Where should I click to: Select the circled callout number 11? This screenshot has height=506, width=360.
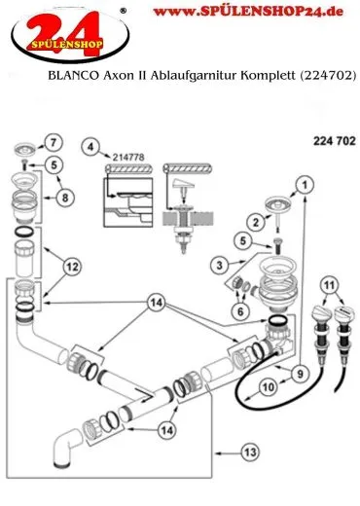(x=329, y=286)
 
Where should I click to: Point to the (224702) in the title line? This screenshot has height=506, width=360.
(x=326, y=76)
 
